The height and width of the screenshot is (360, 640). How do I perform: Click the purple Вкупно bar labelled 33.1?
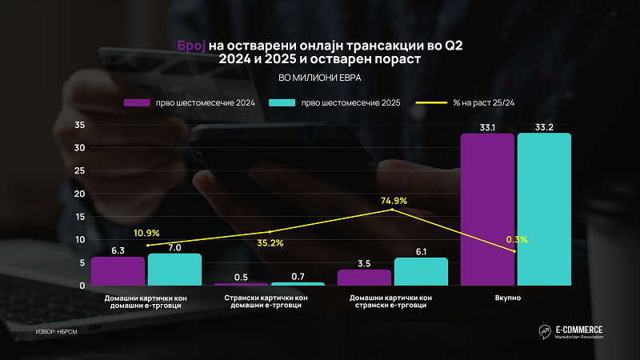click(487, 209)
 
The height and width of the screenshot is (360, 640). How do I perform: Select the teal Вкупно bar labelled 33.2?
click(544, 209)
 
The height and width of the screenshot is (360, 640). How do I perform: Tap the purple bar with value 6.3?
click(118, 271)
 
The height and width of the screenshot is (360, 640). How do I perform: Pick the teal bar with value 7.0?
click(174, 270)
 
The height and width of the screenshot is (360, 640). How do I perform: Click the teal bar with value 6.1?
click(421, 271)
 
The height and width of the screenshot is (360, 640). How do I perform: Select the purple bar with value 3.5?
click(364, 277)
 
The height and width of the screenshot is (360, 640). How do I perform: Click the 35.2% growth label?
click(270, 242)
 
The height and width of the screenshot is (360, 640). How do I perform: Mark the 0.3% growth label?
click(517, 239)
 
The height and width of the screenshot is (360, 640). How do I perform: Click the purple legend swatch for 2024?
click(137, 102)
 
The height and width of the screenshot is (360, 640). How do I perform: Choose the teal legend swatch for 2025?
click(283, 102)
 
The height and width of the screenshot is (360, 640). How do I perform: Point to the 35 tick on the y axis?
click(79, 125)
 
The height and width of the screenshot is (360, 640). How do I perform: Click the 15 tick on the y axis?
click(79, 217)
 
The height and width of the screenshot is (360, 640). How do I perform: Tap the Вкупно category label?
click(516, 298)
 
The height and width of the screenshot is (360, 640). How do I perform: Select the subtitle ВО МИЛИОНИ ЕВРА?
click(320, 78)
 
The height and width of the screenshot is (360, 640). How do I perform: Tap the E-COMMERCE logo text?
click(581, 329)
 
